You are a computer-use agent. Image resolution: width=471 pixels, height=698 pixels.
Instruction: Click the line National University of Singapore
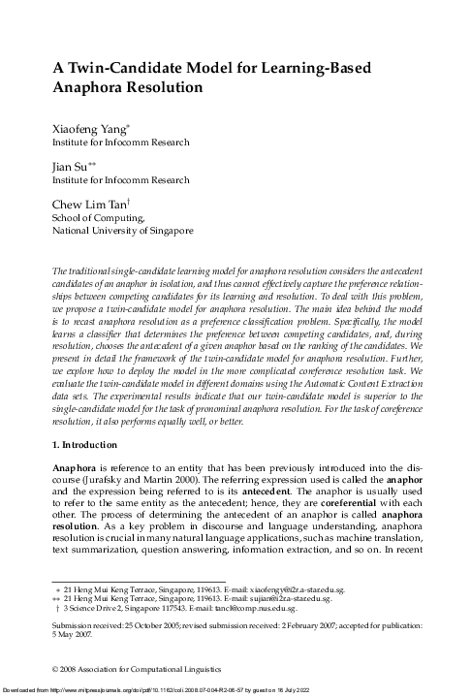click(x=122, y=231)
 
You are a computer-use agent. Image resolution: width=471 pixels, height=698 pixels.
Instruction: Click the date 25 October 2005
click(x=152, y=626)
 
